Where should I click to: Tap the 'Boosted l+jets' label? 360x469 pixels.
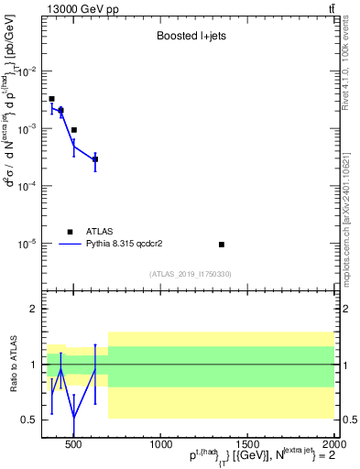[x=187, y=38]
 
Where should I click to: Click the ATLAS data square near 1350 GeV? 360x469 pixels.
[x=222, y=245]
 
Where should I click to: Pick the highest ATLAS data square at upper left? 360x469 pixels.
[x=51, y=99]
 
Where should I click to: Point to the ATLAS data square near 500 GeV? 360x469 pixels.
[x=74, y=130]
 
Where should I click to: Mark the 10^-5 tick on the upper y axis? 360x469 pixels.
[x=27, y=244]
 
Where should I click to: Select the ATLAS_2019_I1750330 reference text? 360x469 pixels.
[x=190, y=274]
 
